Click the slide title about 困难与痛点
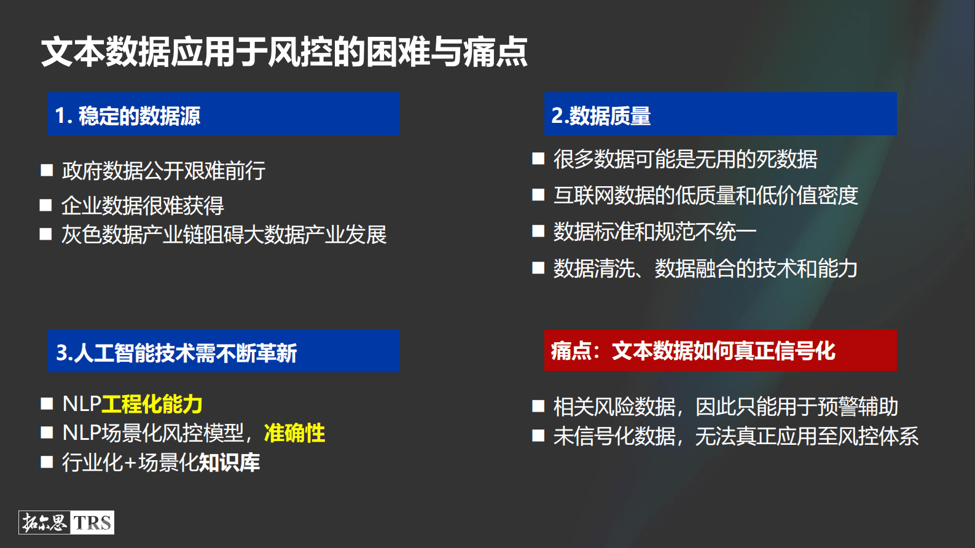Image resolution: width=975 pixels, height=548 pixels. click(284, 52)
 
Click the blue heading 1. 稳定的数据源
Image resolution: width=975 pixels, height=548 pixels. click(128, 115)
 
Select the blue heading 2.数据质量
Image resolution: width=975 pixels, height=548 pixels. click(601, 115)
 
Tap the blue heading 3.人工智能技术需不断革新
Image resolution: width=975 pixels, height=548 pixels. click(176, 353)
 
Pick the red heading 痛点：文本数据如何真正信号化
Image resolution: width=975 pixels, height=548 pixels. click(692, 351)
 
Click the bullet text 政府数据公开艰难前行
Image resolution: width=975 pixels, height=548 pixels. click(163, 171)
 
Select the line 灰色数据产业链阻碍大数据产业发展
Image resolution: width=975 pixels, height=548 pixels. click(224, 235)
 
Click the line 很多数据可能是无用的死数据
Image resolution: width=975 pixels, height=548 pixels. click(685, 159)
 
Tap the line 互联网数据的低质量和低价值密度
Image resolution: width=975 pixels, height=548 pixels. click(705, 195)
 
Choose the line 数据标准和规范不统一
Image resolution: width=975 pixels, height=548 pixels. click(654, 232)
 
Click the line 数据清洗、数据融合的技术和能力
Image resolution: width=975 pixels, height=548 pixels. click(705, 268)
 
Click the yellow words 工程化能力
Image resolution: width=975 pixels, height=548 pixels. click(152, 404)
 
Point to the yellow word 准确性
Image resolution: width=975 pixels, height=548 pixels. click(294, 433)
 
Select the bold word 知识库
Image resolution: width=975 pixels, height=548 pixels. click(229, 463)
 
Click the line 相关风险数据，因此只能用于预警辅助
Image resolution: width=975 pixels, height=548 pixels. click(726, 407)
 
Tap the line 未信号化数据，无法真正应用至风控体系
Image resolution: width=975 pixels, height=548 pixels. click(736, 436)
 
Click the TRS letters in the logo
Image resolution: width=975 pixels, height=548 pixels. click(93, 523)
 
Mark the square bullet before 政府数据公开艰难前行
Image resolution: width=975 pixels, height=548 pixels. click(47, 170)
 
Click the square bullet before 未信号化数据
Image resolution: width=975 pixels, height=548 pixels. click(538, 436)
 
